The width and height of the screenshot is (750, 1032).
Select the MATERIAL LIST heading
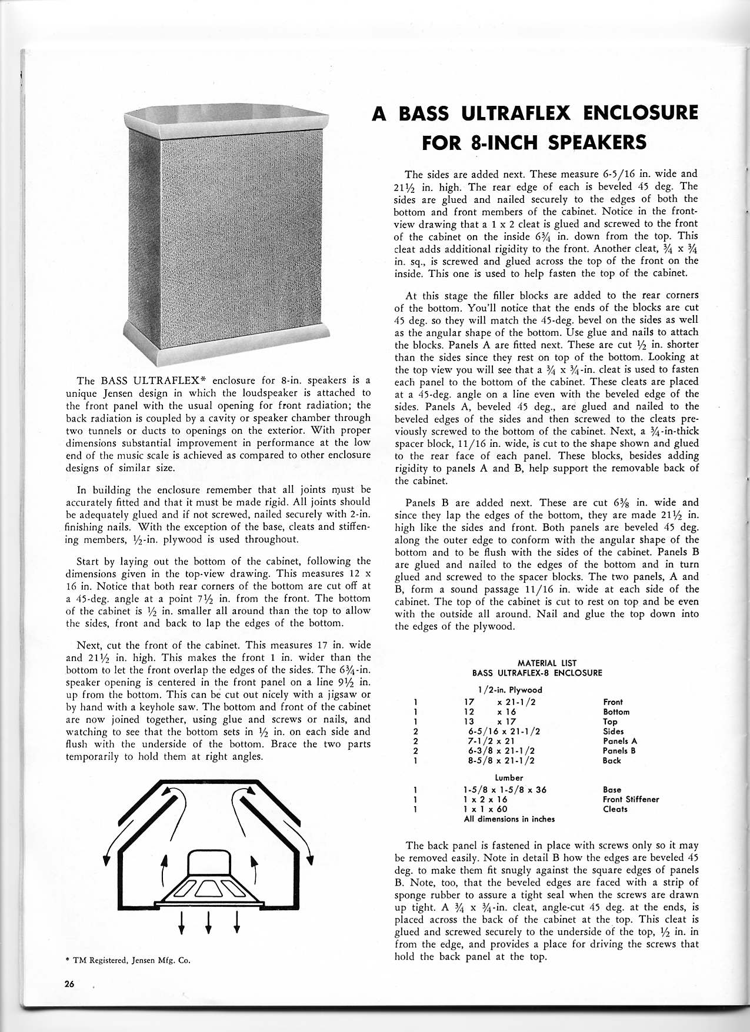pos(538,663)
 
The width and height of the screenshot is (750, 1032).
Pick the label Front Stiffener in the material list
pos(631,799)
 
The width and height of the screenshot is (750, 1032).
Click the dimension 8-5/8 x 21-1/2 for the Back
pos(502,760)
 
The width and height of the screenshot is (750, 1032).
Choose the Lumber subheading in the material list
pos(509,777)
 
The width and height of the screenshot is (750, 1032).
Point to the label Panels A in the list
pos(620,741)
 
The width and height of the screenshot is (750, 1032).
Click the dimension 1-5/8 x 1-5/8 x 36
pos(505,790)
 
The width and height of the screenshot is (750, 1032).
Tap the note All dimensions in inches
pos(509,819)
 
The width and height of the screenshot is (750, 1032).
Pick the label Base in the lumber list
pos(612,790)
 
